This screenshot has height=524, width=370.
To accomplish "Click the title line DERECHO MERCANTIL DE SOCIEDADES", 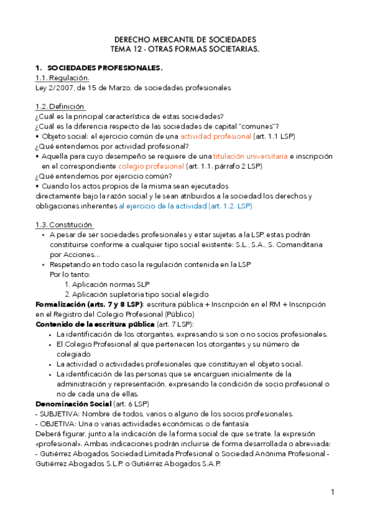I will [185, 39].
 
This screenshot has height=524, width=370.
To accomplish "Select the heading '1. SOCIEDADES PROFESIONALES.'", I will [99, 67].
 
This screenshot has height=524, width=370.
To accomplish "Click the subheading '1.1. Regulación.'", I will [62, 78].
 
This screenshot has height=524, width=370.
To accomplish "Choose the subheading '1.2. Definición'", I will [61, 107].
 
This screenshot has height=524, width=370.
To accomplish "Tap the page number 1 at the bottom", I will [332, 492].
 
